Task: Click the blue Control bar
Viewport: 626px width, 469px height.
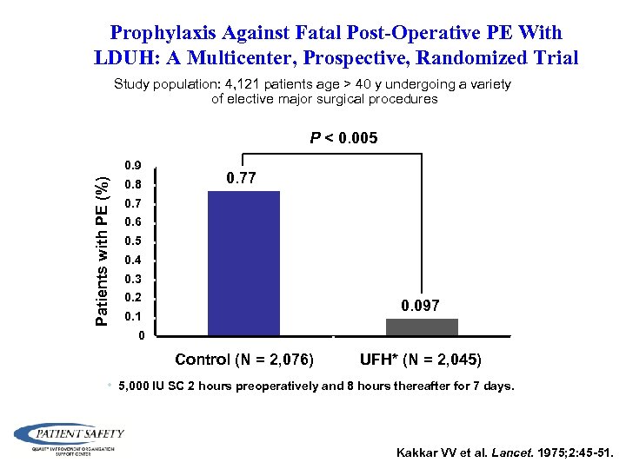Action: click(243, 262)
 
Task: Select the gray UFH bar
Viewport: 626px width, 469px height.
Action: click(422, 327)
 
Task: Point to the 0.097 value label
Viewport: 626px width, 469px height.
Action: click(420, 306)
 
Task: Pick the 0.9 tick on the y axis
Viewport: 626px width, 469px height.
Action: click(132, 165)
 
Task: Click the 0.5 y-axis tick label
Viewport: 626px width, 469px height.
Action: click(132, 241)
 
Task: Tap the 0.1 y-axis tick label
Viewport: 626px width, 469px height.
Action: click(132, 317)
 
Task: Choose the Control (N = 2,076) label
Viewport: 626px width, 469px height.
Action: click(244, 360)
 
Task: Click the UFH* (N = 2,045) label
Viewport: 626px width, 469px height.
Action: click(421, 360)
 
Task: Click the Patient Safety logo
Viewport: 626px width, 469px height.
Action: click(70, 436)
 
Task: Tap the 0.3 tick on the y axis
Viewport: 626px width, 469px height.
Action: click(132, 279)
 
